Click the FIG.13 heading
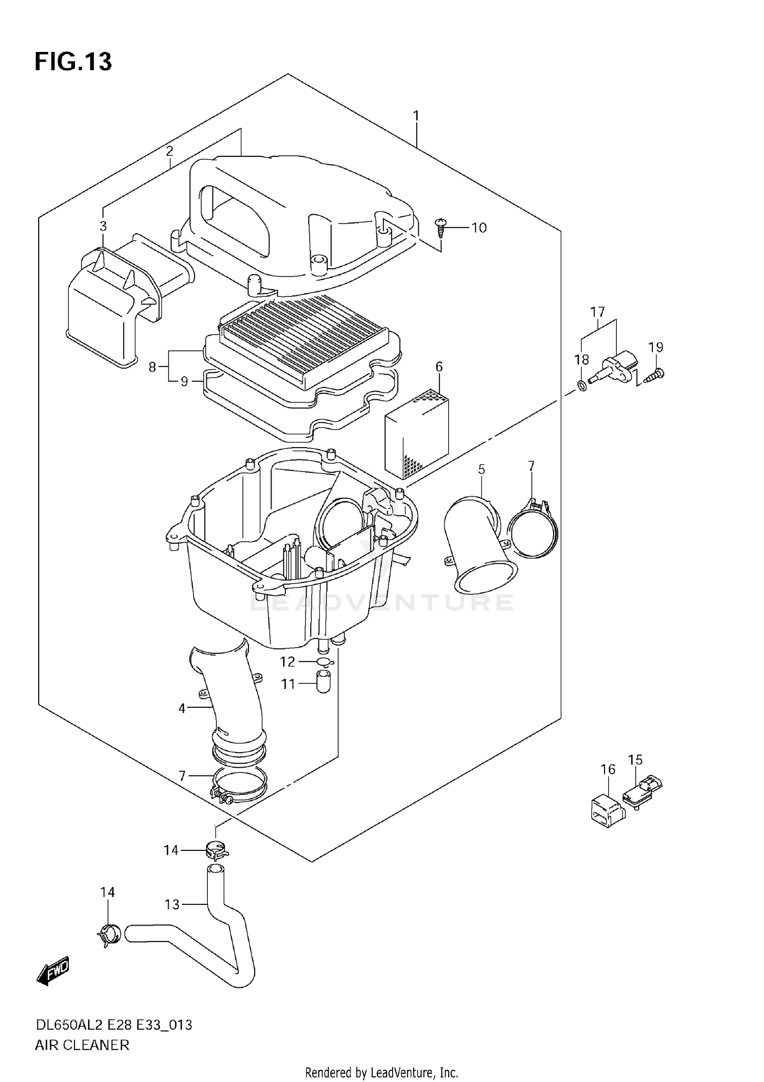click(73, 62)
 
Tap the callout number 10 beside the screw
click(479, 228)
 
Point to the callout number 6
click(439, 367)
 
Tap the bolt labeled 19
click(654, 376)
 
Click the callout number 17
click(597, 312)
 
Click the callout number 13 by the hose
click(172, 904)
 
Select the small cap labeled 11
click(323, 682)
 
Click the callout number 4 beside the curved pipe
click(182, 708)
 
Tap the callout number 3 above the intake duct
click(103, 226)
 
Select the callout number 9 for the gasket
click(184, 381)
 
